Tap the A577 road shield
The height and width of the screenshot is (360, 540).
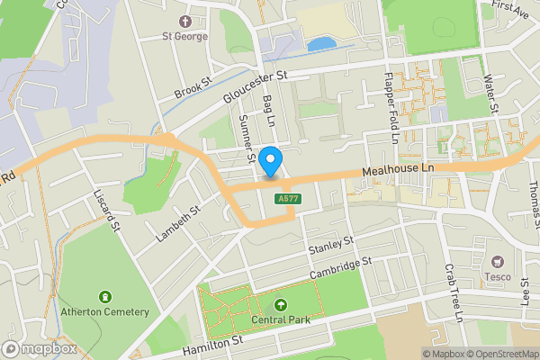pos(289,199)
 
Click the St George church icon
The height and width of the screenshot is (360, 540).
pos(185,21)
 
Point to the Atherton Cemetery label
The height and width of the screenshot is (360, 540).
pos(104,311)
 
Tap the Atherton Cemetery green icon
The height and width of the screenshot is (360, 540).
pos(105,296)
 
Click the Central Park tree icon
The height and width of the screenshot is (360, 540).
pos(280,305)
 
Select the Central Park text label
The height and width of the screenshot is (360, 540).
pos(281,320)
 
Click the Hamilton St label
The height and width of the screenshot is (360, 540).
pos(213,342)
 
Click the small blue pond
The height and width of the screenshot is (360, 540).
pos(319,43)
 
